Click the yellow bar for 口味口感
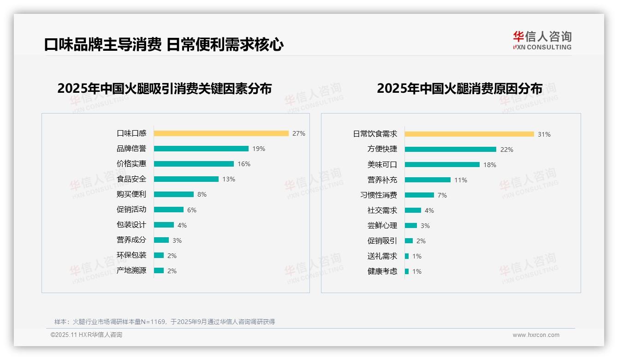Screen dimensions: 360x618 click(x=221, y=133)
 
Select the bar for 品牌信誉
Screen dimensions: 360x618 click(x=201, y=149)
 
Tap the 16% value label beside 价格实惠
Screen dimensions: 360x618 click(x=244, y=164)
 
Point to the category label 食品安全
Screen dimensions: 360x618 click(x=131, y=179)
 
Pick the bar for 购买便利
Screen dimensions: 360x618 click(x=174, y=194)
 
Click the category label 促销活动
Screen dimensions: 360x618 click(x=131, y=210)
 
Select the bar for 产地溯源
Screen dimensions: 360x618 click(x=159, y=270)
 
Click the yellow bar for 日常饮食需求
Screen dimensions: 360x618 click(x=469, y=134)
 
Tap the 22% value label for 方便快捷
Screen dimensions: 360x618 click(x=506, y=150)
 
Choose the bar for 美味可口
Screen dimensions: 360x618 click(x=442, y=165)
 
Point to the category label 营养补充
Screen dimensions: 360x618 click(x=382, y=180)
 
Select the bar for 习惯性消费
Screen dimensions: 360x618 click(x=419, y=195)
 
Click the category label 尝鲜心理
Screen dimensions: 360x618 click(x=382, y=226)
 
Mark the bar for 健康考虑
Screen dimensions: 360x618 click(x=407, y=271)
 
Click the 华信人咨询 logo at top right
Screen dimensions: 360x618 click(x=542, y=40)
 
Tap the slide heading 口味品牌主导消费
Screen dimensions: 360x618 click(x=102, y=45)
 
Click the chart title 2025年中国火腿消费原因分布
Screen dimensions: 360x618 click(x=459, y=88)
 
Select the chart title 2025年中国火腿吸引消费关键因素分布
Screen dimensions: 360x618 click(x=165, y=88)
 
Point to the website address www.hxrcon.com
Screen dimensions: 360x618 click(x=536, y=335)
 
